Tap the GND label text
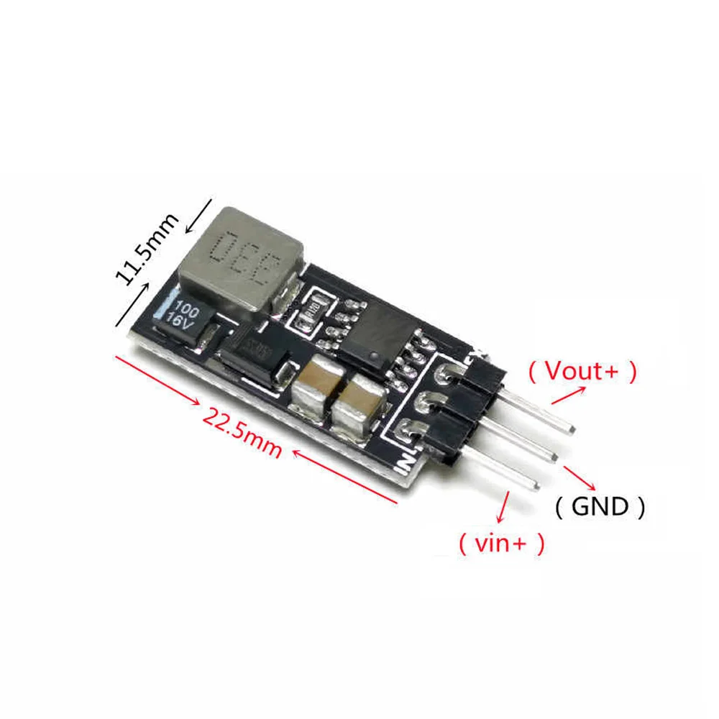coord(600,507)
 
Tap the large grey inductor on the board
coord(245,262)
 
